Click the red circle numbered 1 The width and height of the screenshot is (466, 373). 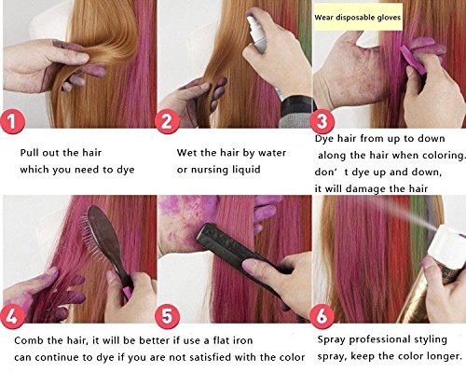tap(12, 121)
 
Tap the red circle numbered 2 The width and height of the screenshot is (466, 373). tap(167, 121)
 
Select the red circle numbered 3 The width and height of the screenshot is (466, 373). tap(322, 121)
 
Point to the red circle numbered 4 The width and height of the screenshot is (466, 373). tap(12, 316)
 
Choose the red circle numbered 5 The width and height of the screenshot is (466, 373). tap(167, 316)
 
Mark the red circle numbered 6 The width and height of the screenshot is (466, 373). tap(322, 316)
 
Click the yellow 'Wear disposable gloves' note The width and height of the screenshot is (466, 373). tap(358, 17)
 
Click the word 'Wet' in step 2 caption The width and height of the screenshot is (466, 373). tap(185, 153)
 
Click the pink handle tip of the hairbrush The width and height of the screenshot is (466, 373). tap(127, 293)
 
